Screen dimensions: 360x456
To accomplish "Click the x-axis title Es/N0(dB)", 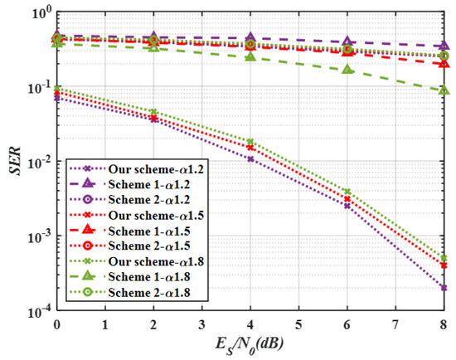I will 250,345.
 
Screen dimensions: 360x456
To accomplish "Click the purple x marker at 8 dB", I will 444,288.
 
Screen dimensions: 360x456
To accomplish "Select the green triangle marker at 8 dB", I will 444,90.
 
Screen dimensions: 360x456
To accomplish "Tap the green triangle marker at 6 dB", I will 347,69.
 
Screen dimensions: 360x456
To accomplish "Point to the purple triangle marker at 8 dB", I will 444,46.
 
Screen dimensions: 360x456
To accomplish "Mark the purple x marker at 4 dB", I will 250,158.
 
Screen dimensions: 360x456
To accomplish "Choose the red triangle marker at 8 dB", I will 444,63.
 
